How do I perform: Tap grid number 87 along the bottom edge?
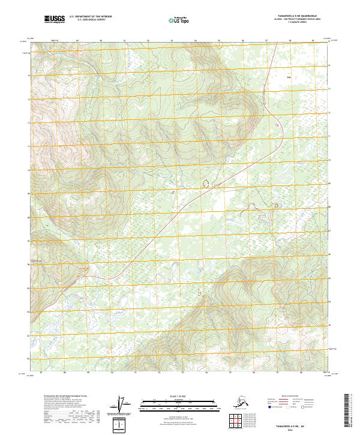tap(40, 373)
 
